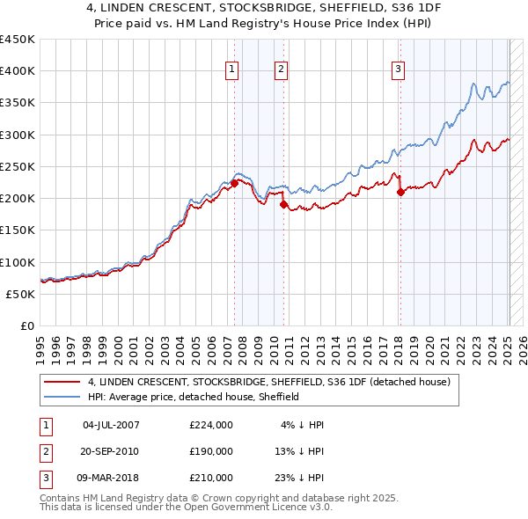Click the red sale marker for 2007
pos(234,183)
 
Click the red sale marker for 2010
pos(283,204)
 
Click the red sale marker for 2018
pos(400,192)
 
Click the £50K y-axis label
pos(21,294)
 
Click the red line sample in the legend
pos(62,382)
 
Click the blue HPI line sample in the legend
pos(62,397)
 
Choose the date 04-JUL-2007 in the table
pos(111,425)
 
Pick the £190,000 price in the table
pos(210,451)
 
